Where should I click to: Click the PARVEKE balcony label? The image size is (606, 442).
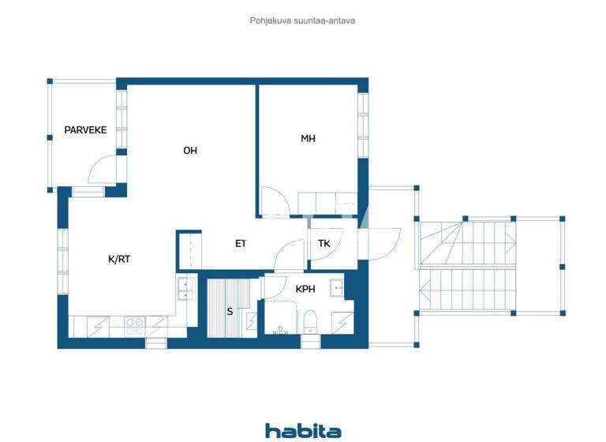[x=85, y=130]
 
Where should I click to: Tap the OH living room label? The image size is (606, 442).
[x=190, y=150]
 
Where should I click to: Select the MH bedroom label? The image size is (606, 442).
[x=308, y=138]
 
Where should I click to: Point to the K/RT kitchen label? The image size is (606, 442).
[x=119, y=258]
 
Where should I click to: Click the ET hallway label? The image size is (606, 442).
[x=241, y=243]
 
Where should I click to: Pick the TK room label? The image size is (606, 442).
[x=324, y=243]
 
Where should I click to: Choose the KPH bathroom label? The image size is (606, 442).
[x=305, y=289]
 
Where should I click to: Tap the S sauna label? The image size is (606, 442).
[x=230, y=311]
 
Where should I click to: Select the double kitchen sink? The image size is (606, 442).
[x=186, y=290]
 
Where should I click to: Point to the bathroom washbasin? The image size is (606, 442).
[x=336, y=288]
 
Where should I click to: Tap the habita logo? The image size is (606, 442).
[x=303, y=430]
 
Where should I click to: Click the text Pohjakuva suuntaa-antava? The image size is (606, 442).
[x=302, y=21]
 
